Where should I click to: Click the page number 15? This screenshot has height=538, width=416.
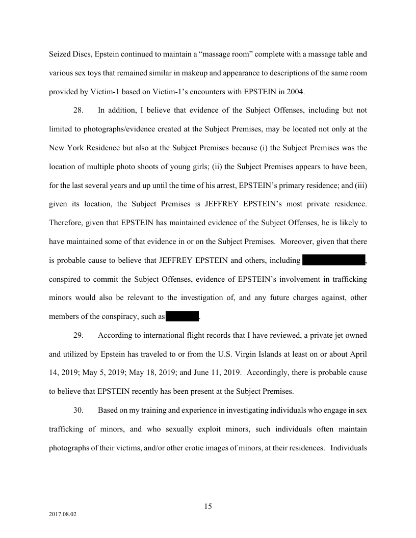[x=207, y=506]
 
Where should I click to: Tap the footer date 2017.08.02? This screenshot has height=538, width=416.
[x=63, y=515]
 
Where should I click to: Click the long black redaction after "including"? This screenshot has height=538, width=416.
[x=334, y=260]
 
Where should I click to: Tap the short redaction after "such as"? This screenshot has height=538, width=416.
[x=182, y=316]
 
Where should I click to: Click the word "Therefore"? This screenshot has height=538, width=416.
[x=66, y=223]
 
